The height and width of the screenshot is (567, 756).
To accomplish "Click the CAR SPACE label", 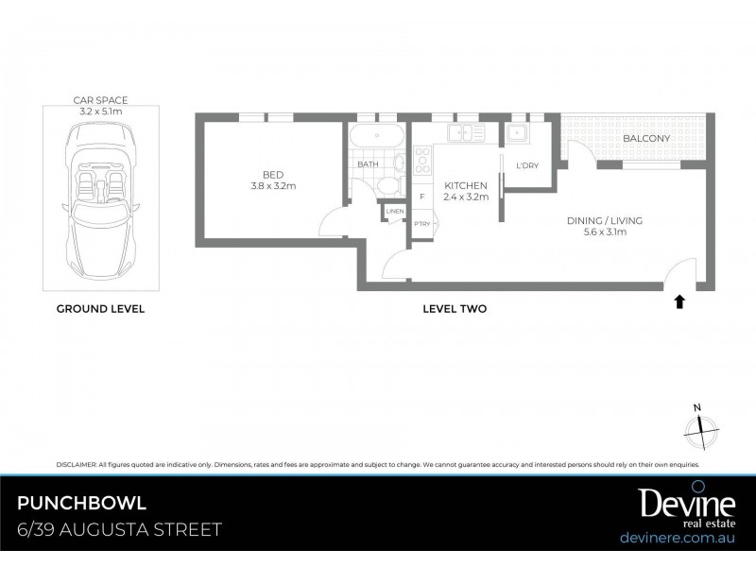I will pos(100,104).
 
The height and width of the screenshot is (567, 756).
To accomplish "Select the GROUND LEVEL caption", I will pos(100,309).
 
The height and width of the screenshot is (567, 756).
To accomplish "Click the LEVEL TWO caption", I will pos(455,309).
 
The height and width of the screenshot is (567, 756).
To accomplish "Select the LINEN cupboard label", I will pos(394,211).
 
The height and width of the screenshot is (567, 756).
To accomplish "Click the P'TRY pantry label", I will pos(421,224).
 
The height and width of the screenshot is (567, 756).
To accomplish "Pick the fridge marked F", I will pos(421,197).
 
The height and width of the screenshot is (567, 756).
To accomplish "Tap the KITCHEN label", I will pos(466,191).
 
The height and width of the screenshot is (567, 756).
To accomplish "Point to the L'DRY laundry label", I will pos(526,166).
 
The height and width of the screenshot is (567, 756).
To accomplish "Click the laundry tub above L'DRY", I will pos(518,133).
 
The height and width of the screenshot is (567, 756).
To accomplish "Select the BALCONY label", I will pos(646,139).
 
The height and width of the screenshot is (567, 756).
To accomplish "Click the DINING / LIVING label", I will pos(604,226).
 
